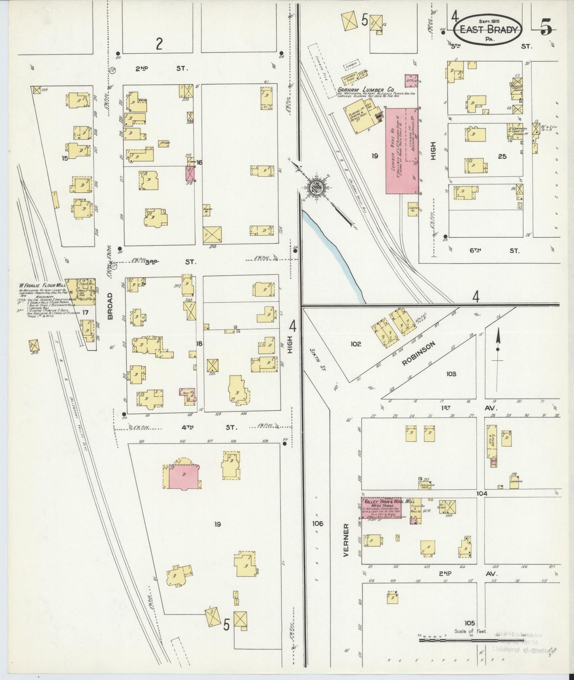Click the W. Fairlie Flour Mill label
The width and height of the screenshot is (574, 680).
point(42,285)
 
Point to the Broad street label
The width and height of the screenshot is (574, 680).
point(110,306)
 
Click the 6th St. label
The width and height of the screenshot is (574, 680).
point(494,250)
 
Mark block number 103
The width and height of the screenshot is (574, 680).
point(451,374)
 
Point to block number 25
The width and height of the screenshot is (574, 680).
point(502,156)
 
